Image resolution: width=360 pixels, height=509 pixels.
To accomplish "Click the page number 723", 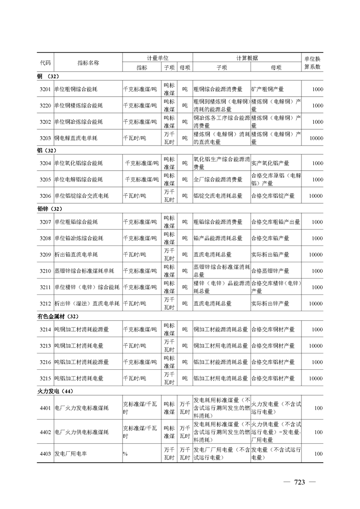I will (299, 482).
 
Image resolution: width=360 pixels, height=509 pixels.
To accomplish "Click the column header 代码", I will (45, 62).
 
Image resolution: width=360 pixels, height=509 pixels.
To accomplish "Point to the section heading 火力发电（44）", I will (55, 391).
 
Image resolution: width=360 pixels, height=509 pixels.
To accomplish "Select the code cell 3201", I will (45, 89).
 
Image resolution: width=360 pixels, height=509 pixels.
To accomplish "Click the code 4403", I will (45, 454).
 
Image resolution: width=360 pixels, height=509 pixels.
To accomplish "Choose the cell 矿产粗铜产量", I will (270, 89).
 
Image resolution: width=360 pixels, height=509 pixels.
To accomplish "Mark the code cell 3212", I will (45, 303).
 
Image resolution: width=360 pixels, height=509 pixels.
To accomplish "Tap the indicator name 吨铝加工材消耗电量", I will (79, 378).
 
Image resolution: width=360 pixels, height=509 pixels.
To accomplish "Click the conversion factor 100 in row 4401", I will (318, 408).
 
